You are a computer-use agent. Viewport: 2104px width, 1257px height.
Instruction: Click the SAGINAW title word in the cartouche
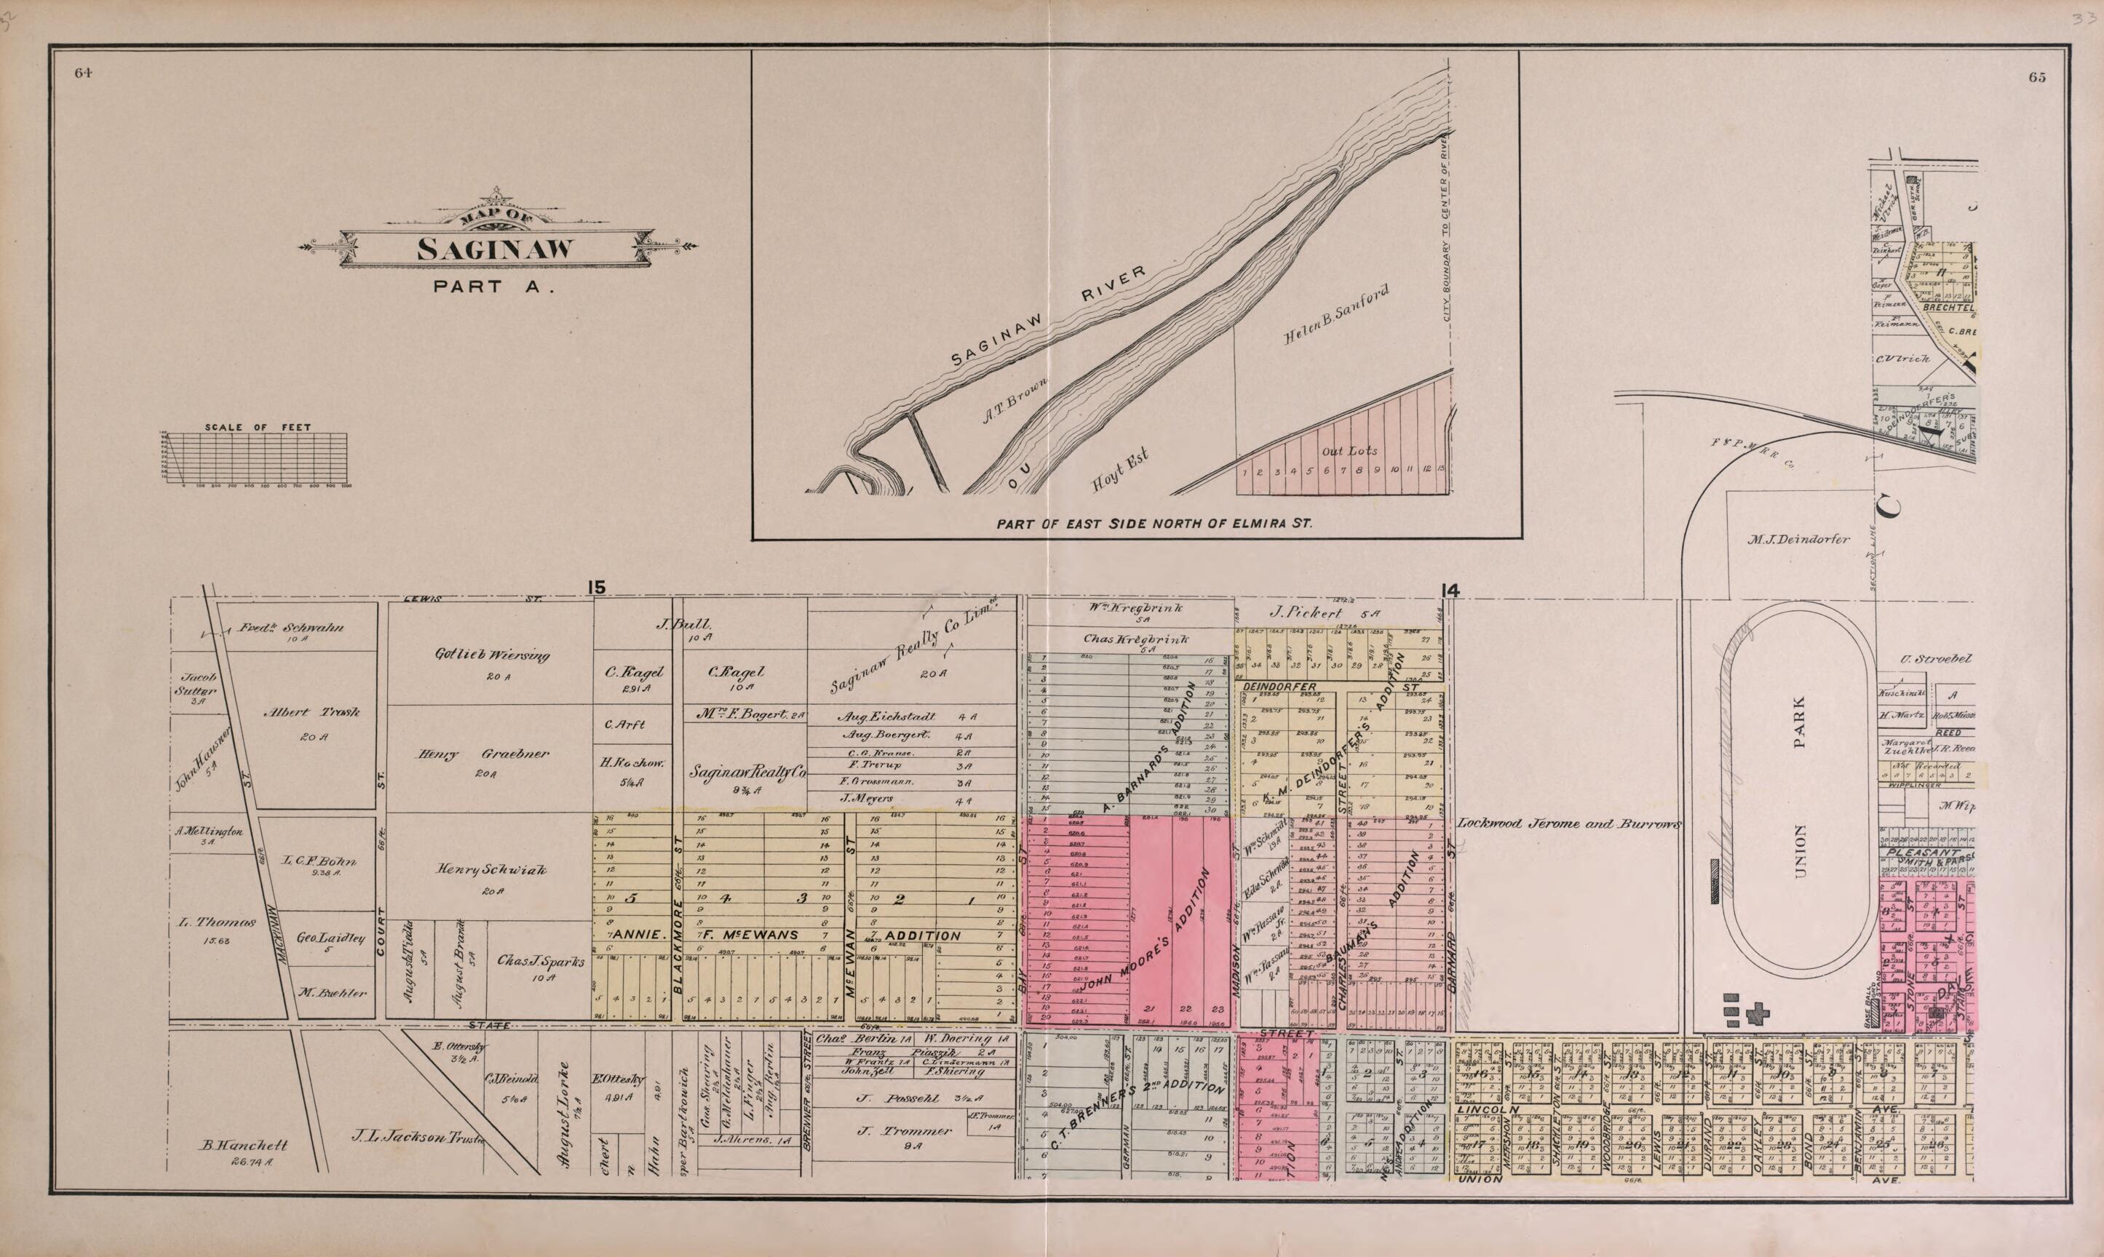tap(496, 250)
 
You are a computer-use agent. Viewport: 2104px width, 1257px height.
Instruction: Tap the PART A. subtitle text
tap(494, 287)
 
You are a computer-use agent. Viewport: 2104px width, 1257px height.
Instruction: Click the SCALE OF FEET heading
tap(258, 428)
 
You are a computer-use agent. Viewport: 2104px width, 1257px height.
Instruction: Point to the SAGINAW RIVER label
tap(1048, 315)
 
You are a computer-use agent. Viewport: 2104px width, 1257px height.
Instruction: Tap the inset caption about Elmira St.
tap(1154, 524)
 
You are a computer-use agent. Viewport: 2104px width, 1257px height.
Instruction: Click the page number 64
tap(82, 73)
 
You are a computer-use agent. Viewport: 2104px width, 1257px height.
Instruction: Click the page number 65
tap(2038, 77)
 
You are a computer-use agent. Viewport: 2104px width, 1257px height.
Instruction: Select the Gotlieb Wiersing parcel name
tap(492, 655)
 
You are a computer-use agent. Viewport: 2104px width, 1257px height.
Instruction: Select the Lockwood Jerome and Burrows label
tap(1568, 823)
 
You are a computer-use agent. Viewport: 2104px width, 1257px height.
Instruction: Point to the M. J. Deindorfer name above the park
tap(1796, 539)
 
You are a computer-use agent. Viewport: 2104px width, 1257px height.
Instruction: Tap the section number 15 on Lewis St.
tap(598, 587)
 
